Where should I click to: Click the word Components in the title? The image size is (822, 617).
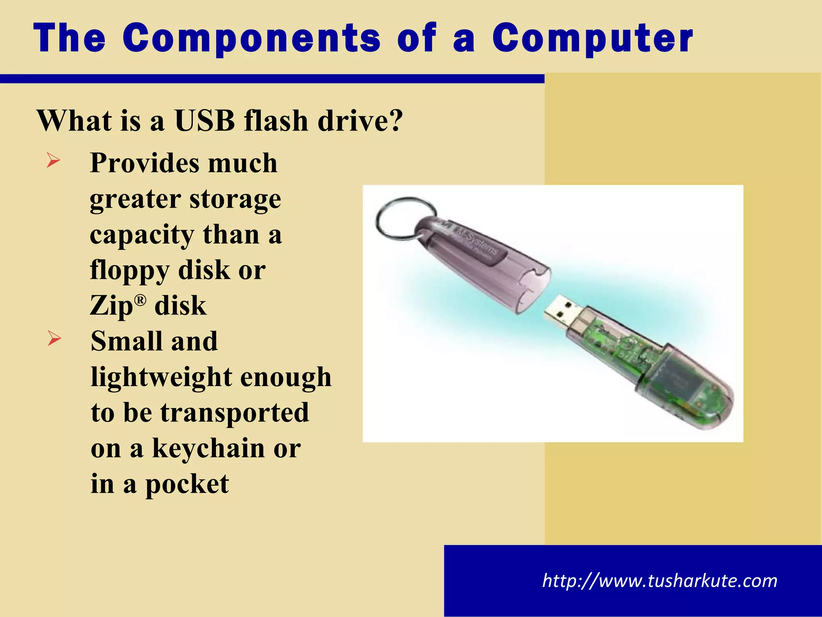click(252, 38)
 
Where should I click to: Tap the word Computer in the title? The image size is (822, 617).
click(593, 38)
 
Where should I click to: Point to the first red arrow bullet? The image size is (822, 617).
click(53, 161)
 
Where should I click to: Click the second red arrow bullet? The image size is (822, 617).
click(54, 338)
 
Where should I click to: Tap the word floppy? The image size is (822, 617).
click(130, 270)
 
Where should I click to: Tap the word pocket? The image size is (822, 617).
click(187, 484)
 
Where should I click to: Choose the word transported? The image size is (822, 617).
click(235, 413)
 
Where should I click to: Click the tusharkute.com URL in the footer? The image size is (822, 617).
click(659, 581)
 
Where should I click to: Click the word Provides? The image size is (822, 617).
click(144, 163)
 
